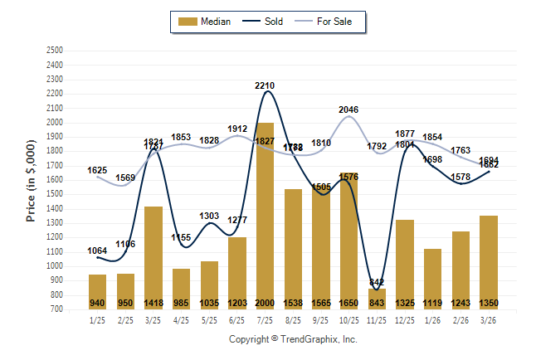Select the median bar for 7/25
coord(265,216)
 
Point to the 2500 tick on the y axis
coord(55,51)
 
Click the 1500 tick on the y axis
coord(55,194)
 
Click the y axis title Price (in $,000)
coord(31,179)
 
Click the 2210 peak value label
coord(265,85)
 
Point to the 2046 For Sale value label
coord(348,109)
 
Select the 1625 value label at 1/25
coord(97,170)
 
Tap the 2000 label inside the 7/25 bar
coord(265,303)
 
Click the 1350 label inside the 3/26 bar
coord(489,303)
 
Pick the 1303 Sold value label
coord(209,216)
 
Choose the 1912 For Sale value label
coord(237,129)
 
